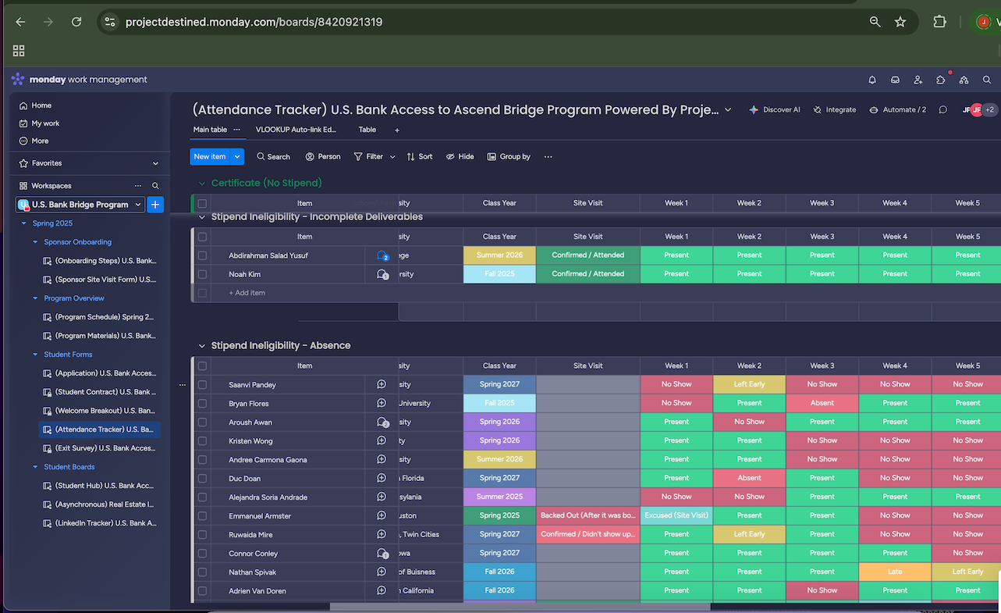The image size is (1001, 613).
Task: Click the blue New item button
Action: point(209,157)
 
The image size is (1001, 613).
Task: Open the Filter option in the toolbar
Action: point(369,157)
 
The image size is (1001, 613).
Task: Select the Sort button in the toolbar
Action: point(420,157)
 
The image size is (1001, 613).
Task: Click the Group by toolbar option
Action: point(509,157)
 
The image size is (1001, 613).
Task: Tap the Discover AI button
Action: point(775,110)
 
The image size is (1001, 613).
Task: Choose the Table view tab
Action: point(367,130)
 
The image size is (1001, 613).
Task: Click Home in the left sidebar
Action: point(41,105)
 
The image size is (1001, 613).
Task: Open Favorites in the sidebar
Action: point(47,163)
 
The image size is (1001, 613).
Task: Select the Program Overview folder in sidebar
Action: point(74,298)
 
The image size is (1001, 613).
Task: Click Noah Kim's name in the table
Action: point(243,274)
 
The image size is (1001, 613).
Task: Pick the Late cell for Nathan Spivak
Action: point(895,572)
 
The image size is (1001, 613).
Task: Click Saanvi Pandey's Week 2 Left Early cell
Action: point(749,384)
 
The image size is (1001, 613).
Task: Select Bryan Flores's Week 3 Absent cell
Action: point(822,403)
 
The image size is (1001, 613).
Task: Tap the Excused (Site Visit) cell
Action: point(676,515)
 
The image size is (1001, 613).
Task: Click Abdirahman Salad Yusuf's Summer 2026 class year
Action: point(499,255)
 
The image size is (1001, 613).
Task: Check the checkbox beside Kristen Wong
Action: point(202,441)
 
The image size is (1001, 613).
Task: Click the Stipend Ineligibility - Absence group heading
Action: point(281,345)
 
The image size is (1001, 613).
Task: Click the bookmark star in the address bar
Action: point(900,22)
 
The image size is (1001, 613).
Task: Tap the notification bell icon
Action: point(872,80)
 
